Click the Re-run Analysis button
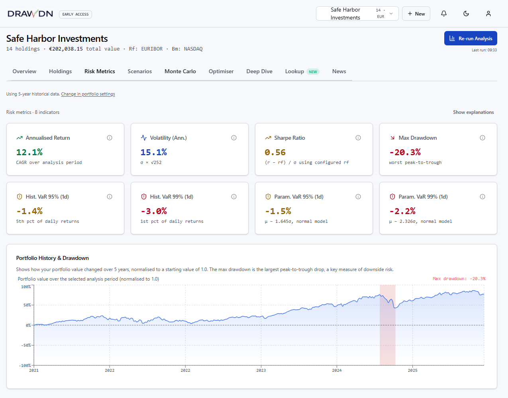point(471,38)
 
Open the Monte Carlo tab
point(180,71)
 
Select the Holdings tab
point(60,71)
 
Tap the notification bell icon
point(444,14)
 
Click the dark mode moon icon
point(466,14)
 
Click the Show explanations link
point(473,112)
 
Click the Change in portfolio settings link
point(88,94)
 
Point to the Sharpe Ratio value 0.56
point(275,152)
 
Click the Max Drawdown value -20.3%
point(405,152)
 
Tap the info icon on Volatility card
point(234,138)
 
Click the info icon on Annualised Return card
point(110,138)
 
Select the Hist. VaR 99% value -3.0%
point(154,211)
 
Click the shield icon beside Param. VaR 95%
point(268,197)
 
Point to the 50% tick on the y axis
point(27,305)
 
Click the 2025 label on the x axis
point(412,371)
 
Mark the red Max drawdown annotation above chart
point(459,279)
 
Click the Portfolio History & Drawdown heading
point(53,258)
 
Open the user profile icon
point(488,14)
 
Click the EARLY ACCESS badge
point(75,14)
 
